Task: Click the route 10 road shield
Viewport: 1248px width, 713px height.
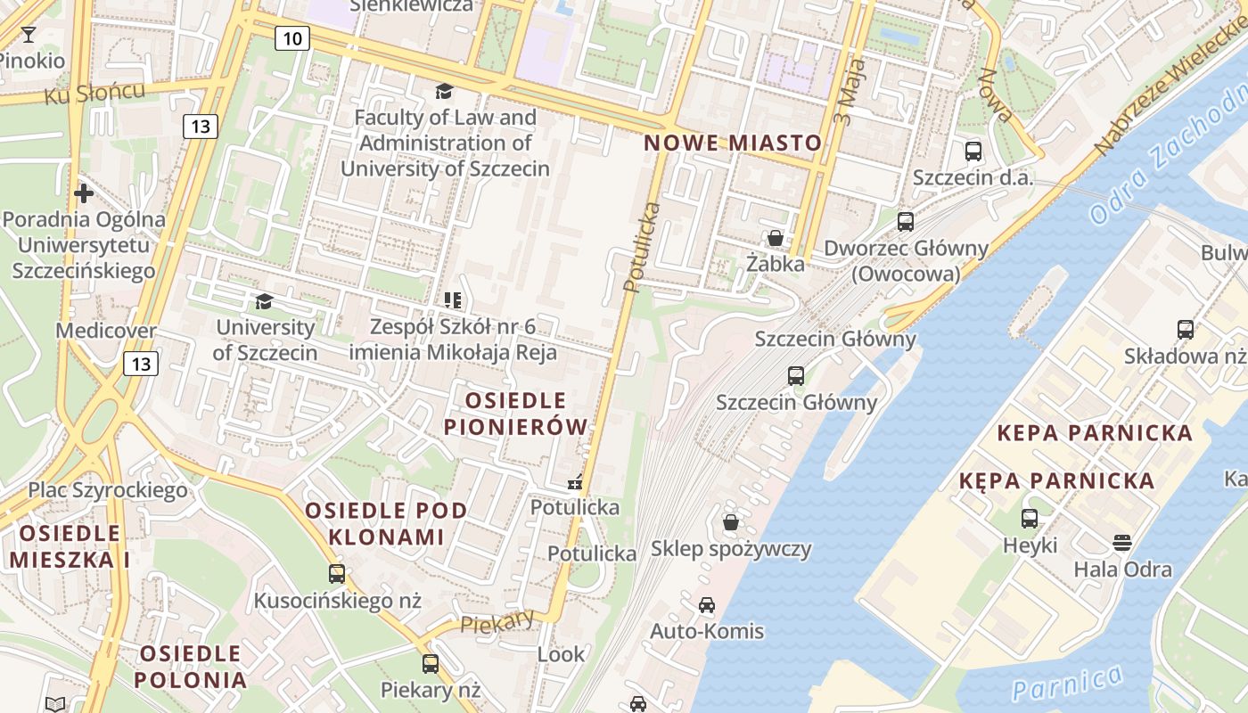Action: coord(292,37)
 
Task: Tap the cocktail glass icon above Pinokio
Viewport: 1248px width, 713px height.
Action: coord(29,35)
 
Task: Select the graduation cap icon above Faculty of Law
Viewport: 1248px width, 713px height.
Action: coord(444,91)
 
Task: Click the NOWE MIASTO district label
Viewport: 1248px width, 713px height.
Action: coord(733,143)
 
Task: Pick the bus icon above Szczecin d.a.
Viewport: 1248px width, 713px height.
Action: coord(973,152)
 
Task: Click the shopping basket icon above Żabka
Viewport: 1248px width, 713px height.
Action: coord(776,238)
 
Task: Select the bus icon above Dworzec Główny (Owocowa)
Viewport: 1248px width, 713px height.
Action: coord(906,222)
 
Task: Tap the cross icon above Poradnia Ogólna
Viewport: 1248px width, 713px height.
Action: coord(84,193)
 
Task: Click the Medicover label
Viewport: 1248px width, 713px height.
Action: coord(106,331)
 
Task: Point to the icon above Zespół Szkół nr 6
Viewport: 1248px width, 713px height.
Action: coord(453,300)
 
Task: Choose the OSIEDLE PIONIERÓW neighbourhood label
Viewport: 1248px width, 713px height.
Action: coord(516,414)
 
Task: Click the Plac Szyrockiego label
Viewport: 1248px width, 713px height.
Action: coord(108,489)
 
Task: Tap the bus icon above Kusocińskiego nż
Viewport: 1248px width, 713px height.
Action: coord(337,574)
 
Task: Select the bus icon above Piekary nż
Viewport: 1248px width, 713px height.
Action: coord(431,663)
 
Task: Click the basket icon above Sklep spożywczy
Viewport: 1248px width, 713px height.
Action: coord(731,522)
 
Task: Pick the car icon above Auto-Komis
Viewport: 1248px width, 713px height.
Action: coord(707,605)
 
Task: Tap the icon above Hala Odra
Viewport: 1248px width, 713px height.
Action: coord(1122,543)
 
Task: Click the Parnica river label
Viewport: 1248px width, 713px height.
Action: coord(1067,683)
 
